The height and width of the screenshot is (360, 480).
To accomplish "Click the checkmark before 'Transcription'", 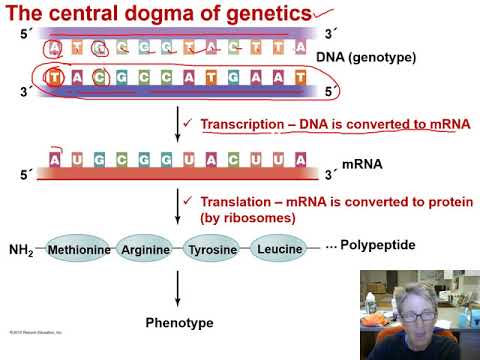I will [188, 124].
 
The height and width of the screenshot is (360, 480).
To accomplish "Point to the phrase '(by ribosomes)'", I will [247, 217].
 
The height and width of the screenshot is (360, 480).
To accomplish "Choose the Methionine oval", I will [77, 248].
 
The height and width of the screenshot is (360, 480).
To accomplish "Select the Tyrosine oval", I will [214, 248].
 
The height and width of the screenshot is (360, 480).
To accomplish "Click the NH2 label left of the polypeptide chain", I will [21, 249].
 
